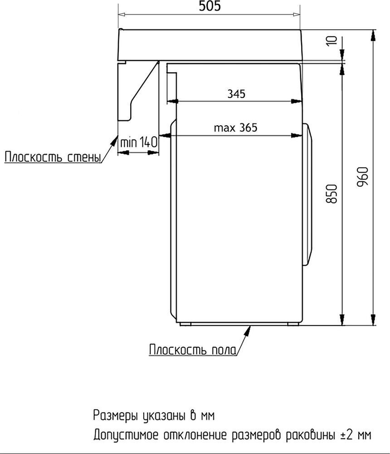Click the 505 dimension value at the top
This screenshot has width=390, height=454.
point(210,7)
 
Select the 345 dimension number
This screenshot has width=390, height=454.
point(236,94)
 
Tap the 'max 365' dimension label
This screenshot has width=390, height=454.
point(235,128)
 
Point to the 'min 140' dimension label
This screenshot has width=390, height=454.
point(139,142)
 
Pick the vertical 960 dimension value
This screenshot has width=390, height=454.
point(363,177)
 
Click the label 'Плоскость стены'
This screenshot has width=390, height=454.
point(52,157)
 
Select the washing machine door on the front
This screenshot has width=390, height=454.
point(309,195)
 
